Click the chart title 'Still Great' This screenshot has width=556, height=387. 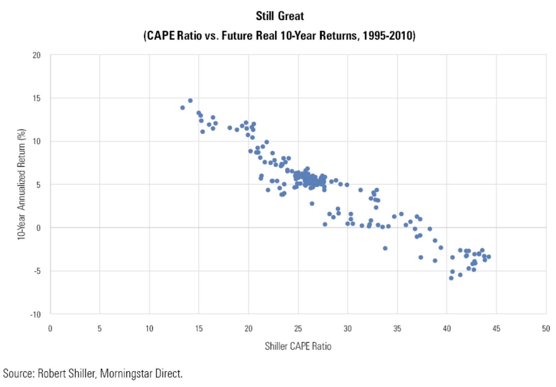[x=280, y=16]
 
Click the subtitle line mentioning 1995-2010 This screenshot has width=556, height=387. [x=279, y=36]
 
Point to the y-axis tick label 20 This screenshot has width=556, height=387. [x=37, y=55]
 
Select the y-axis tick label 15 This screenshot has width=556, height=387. [x=37, y=98]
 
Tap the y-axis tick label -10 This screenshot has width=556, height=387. [x=36, y=314]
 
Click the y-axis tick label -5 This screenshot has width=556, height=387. [x=37, y=271]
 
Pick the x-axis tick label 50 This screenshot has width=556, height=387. [x=546, y=329]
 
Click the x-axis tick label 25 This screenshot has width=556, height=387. [x=298, y=329]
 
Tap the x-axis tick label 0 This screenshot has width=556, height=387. [x=50, y=329]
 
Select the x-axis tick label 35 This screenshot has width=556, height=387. [x=397, y=329]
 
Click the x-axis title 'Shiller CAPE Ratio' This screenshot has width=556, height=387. [x=298, y=346]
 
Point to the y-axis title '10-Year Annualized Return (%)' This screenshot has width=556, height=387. [x=22, y=184]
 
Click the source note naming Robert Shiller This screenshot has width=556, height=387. [x=93, y=373]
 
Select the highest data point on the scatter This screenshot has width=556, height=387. [x=190, y=101]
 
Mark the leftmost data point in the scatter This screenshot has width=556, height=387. [x=182, y=108]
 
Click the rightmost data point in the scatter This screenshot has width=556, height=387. [x=489, y=257]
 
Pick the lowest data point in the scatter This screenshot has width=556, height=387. [x=451, y=278]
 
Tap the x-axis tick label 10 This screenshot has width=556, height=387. [x=149, y=329]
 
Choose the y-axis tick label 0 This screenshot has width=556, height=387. [x=38, y=228]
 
